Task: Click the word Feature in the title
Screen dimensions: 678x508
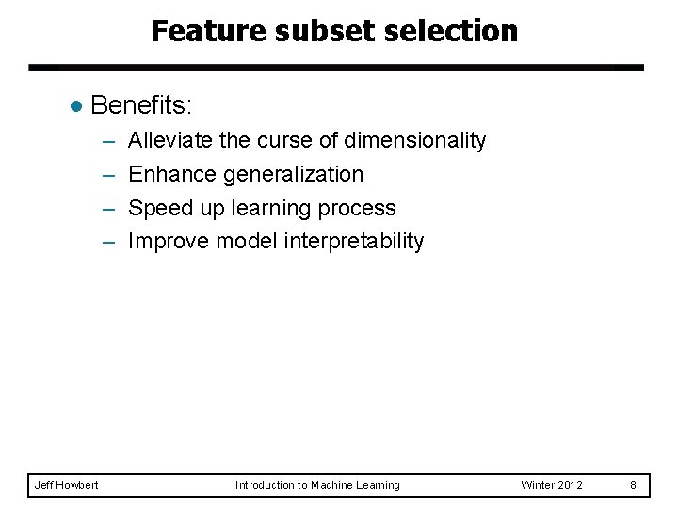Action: pos(208,31)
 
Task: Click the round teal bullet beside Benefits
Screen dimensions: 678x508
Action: pos(76,106)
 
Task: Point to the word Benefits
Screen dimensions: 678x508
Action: pos(141,105)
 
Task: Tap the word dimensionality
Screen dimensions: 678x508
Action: pos(414,141)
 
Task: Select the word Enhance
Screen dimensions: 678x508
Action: pos(172,174)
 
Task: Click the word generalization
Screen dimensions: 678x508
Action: pos(293,175)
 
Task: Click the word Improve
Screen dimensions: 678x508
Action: pos(169,241)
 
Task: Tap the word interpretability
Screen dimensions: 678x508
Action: pos(354,242)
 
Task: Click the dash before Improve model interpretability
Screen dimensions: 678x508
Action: pos(109,243)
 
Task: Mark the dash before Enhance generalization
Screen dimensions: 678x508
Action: pos(109,176)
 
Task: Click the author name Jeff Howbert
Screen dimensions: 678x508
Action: pos(66,485)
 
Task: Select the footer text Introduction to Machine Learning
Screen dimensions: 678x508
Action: pos(317,485)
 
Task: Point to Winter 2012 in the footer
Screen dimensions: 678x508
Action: pos(551,485)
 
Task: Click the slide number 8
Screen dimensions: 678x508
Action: pos(633,485)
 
